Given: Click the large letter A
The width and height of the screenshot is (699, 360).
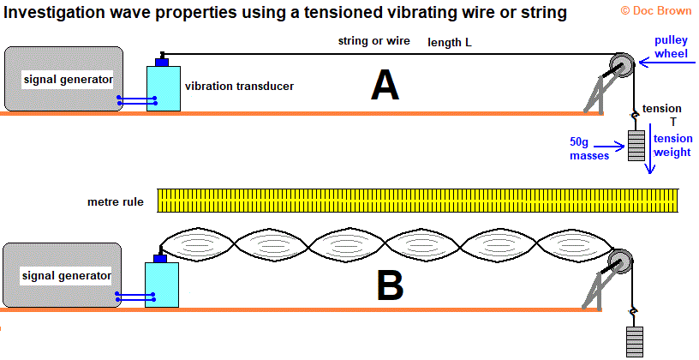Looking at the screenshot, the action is tap(385, 86).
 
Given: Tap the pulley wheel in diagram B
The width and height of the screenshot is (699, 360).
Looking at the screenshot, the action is tap(621, 262).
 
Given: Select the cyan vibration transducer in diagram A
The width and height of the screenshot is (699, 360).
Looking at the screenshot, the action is tap(164, 88).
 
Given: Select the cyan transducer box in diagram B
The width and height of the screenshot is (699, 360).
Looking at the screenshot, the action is tap(162, 285).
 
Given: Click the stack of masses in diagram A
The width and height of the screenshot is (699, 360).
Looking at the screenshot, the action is tap(636, 146).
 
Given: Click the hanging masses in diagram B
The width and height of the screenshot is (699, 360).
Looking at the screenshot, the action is tap(635, 342).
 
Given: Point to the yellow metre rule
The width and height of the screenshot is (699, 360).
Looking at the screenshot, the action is tap(418, 201).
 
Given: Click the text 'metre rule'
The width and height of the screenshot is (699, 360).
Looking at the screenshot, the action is tap(116, 201).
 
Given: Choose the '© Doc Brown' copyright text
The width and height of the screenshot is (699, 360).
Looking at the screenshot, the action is tap(656, 10).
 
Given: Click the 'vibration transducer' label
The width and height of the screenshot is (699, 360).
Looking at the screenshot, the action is tap(239, 86).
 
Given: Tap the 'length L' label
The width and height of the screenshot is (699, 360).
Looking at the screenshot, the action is tap(450, 42).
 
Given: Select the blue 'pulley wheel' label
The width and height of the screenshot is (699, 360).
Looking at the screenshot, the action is tap(671, 47).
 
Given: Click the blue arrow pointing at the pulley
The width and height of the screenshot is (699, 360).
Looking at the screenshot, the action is tap(667, 63).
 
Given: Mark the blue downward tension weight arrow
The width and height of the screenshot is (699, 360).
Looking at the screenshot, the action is tap(650, 148).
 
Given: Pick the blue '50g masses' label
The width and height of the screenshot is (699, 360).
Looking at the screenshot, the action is tap(589, 148).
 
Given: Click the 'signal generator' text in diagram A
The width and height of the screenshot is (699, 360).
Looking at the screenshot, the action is tap(69, 80).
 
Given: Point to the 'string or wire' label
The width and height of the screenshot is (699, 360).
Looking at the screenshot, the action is tap(374, 41).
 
